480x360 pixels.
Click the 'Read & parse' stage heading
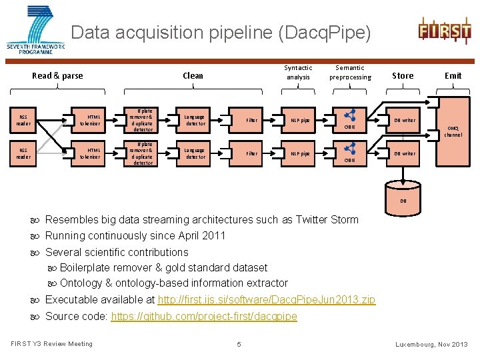58,75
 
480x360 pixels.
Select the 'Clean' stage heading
193,75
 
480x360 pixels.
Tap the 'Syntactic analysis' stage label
298,72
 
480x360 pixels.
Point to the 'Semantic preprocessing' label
350,72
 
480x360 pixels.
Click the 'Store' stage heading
403,75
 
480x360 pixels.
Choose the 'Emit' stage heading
453,75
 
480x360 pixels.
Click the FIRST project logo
444,30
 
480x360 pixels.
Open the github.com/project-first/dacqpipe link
204,316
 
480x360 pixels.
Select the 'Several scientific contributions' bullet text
117,252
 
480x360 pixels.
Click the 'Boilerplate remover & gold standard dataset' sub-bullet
163,267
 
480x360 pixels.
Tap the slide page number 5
239,345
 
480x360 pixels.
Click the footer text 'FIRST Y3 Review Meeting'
52,344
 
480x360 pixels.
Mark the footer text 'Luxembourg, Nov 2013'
431,345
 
